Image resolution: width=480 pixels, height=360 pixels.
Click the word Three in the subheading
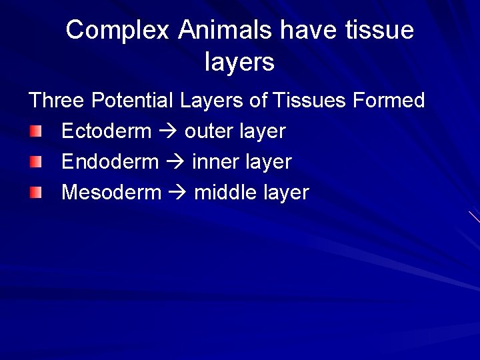pyautogui.click(x=57, y=101)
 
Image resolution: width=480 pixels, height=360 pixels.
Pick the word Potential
pyautogui.click(x=133, y=101)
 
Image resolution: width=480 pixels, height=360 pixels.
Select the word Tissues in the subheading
pyautogui.click(x=310, y=101)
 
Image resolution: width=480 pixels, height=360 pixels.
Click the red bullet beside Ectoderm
pyautogui.click(x=35, y=131)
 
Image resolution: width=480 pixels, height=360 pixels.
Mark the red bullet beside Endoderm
pyautogui.click(x=35, y=162)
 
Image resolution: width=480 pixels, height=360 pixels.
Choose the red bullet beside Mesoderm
pyautogui.click(x=35, y=193)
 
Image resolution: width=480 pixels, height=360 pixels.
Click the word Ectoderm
pyautogui.click(x=106, y=131)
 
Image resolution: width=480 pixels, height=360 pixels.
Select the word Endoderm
pyautogui.click(x=110, y=162)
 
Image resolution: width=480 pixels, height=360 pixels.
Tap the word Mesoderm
pyautogui.click(x=111, y=193)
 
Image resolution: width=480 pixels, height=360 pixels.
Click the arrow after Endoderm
pyautogui.click(x=175, y=163)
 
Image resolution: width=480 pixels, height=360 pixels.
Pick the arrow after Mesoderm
pyautogui.click(x=177, y=193)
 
